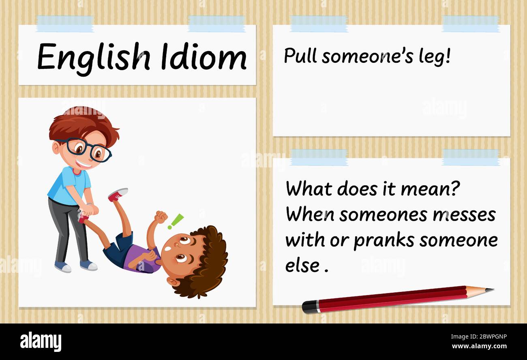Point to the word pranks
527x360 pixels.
coord(384,241)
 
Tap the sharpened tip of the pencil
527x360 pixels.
coord(488,290)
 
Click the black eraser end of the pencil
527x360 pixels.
coord(309,307)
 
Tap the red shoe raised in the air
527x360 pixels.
coord(118,195)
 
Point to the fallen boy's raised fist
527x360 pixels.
coord(161,217)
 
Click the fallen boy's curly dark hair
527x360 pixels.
coord(211,259)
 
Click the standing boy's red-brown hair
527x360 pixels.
coord(81,122)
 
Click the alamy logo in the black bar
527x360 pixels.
coord(41,341)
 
